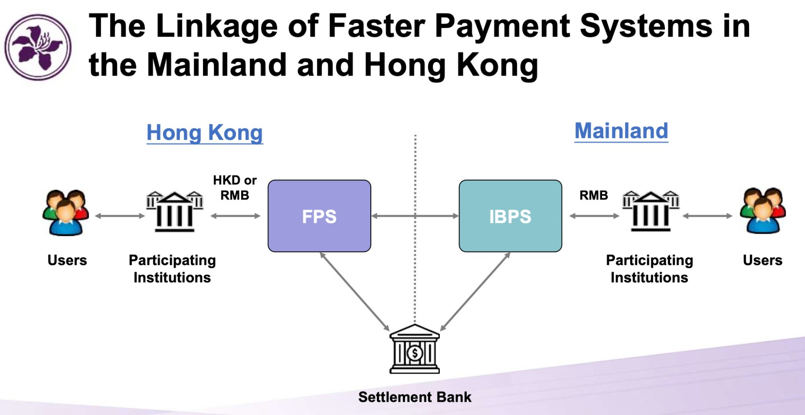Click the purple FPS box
(x=319, y=216)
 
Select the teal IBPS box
(x=510, y=216)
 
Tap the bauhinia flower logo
(x=38, y=47)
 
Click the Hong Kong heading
(x=205, y=132)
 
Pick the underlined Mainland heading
(x=621, y=131)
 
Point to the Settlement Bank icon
(x=414, y=349)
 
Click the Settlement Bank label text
(x=414, y=397)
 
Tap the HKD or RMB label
(x=235, y=187)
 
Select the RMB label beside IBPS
(x=593, y=195)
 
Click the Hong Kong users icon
(x=66, y=212)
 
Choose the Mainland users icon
(x=762, y=210)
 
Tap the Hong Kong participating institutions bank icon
(x=174, y=212)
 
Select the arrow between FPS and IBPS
(x=415, y=216)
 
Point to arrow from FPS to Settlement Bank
(x=354, y=292)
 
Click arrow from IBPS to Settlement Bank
(x=475, y=292)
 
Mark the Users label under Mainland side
(x=762, y=260)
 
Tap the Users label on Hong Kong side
(x=67, y=260)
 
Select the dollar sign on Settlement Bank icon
(x=414, y=353)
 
